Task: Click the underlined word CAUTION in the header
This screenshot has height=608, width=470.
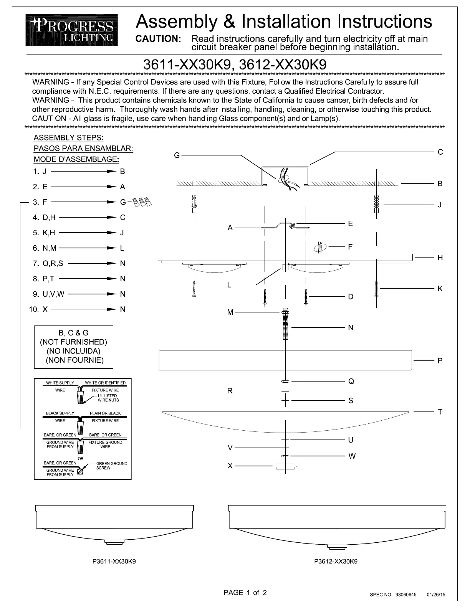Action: click(x=159, y=39)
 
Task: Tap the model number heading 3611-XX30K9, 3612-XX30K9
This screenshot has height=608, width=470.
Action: click(x=235, y=64)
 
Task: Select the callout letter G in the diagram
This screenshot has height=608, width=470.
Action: click(x=177, y=155)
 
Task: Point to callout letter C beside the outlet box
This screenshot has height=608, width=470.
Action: click(x=440, y=152)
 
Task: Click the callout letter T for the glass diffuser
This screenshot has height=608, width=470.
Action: click(x=440, y=412)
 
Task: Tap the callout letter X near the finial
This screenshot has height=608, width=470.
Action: click(x=230, y=466)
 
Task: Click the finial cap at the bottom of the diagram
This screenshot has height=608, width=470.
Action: click(x=285, y=467)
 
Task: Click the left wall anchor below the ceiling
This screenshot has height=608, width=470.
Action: click(x=194, y=204)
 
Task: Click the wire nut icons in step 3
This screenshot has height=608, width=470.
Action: click(x=142, y=202)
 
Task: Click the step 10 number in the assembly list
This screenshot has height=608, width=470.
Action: click(x=33, y=309)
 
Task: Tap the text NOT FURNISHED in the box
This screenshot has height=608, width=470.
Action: click(x=74, y=342)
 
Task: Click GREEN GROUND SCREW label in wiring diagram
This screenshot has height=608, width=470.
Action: click(x=111, y=466)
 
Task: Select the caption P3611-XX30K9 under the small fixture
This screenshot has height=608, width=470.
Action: click(x=114, y=561)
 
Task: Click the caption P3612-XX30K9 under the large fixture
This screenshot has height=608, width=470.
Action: click(x=336, y=561)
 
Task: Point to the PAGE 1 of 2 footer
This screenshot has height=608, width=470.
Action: click(x=245, y=592)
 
